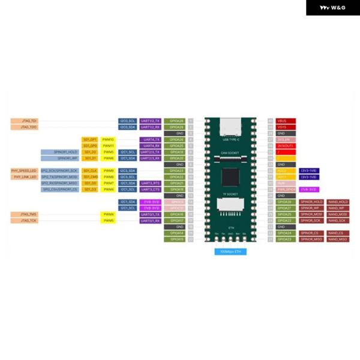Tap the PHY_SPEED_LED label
(x=25, y=170)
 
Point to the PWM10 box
(x=108, y=139)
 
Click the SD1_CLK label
(x=90, y=170)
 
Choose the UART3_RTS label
(x=150, y=183)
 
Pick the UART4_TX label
(x=150, y=139)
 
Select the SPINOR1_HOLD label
(x=60, y=152)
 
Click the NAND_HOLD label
(x=338, y=202)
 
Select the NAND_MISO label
(x=338, y=239)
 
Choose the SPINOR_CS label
(x=311, y=233)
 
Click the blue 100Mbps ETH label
(x=230, y=251)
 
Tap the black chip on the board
(x=230, y=176)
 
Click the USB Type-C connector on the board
(x=230, y=128)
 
